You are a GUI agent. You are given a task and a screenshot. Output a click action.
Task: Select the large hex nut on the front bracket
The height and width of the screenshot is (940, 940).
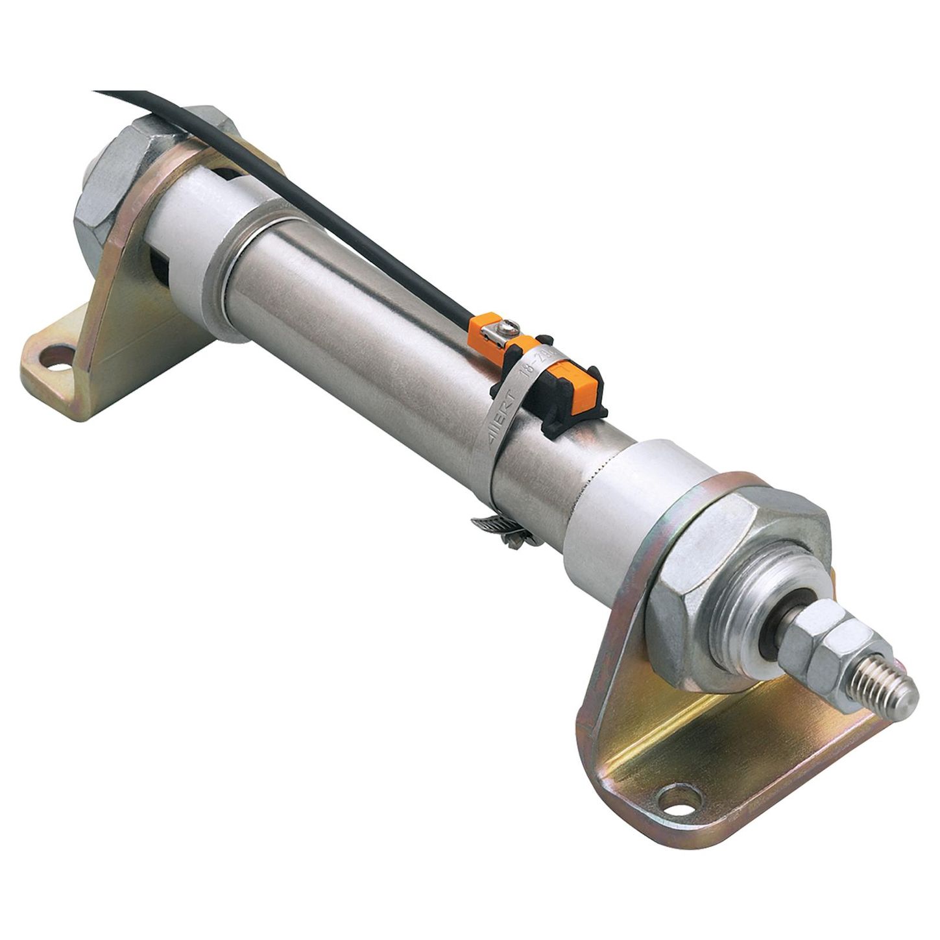[x=714, y=571]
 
